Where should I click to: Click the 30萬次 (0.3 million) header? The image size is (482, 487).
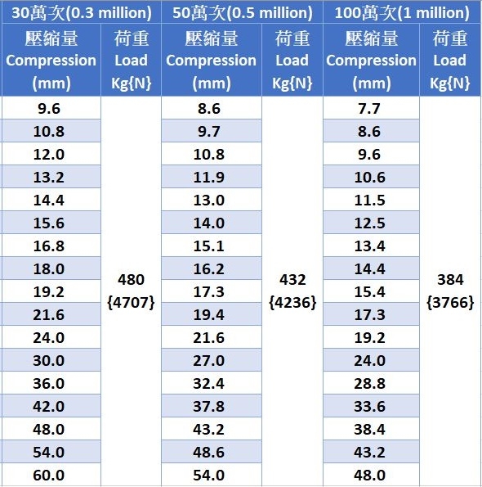(x=82, y=13)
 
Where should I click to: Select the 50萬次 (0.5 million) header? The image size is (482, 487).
(x=243, y=13)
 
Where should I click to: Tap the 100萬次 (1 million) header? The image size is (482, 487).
(x=402, y=13)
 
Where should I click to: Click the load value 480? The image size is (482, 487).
(x=131, y=280)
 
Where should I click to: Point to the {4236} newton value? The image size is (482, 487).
(x=292, y=303)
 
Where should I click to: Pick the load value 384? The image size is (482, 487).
(x=450, y=280)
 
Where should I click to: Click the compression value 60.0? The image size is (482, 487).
(x=49, y=476)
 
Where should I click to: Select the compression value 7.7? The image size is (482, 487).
(x=369, y=109)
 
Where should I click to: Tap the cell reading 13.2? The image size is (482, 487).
(x=49, y=178)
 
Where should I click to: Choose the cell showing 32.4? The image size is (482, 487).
(x=208, y=384)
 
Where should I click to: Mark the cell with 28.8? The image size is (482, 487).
(x=369, y=384)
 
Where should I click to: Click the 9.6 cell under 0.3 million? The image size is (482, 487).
(x=49, y=109)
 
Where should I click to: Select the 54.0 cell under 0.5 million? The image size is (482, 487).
(x=208, y=476)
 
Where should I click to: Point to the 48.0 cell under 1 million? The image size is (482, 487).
(x=369, y=476)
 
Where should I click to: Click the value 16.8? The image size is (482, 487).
(x=49, y=246)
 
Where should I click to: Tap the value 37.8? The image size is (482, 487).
(x=208, y=407)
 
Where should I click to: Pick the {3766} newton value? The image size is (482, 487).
(x=450, y=303)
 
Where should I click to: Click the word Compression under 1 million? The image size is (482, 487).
(x=371, y=61)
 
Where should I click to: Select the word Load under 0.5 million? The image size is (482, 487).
(x=292, y=61)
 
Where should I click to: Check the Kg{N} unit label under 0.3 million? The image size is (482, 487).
(x=131, y=83)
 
